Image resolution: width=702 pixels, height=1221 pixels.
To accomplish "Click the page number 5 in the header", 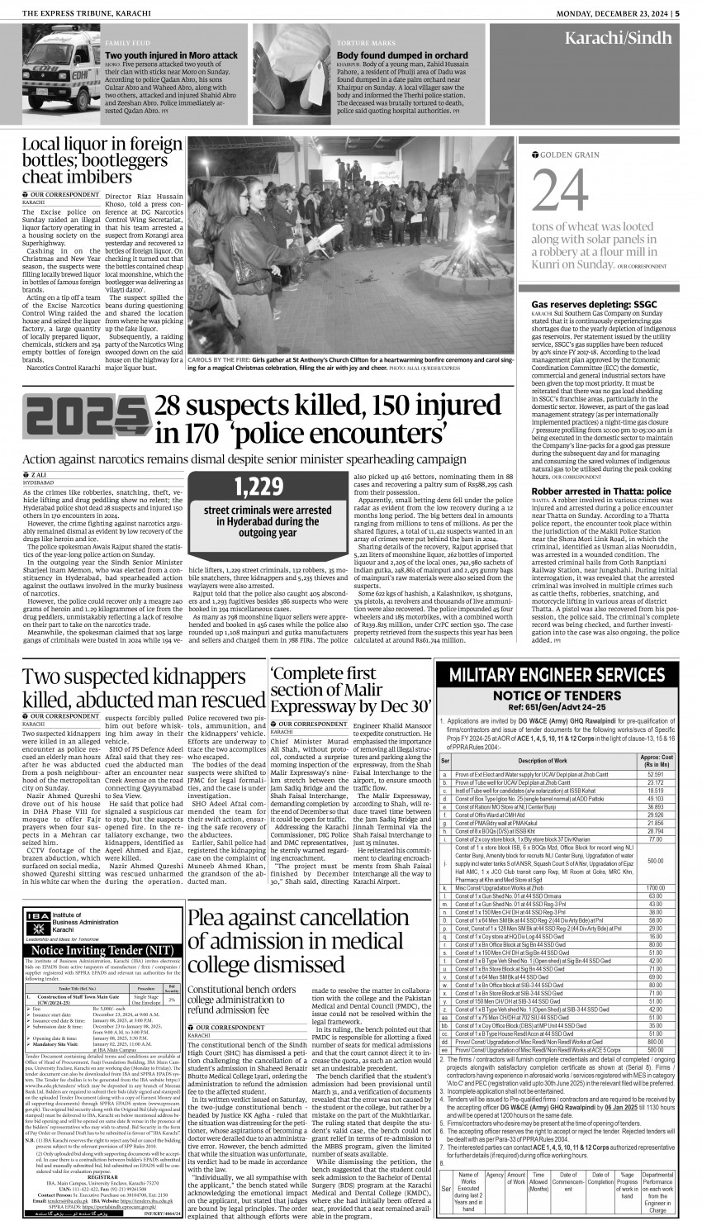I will click(676, 12).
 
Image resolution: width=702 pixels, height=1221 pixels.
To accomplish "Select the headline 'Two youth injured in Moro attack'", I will click(171, 55).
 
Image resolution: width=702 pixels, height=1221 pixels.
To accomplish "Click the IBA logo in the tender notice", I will click(37, 918).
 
